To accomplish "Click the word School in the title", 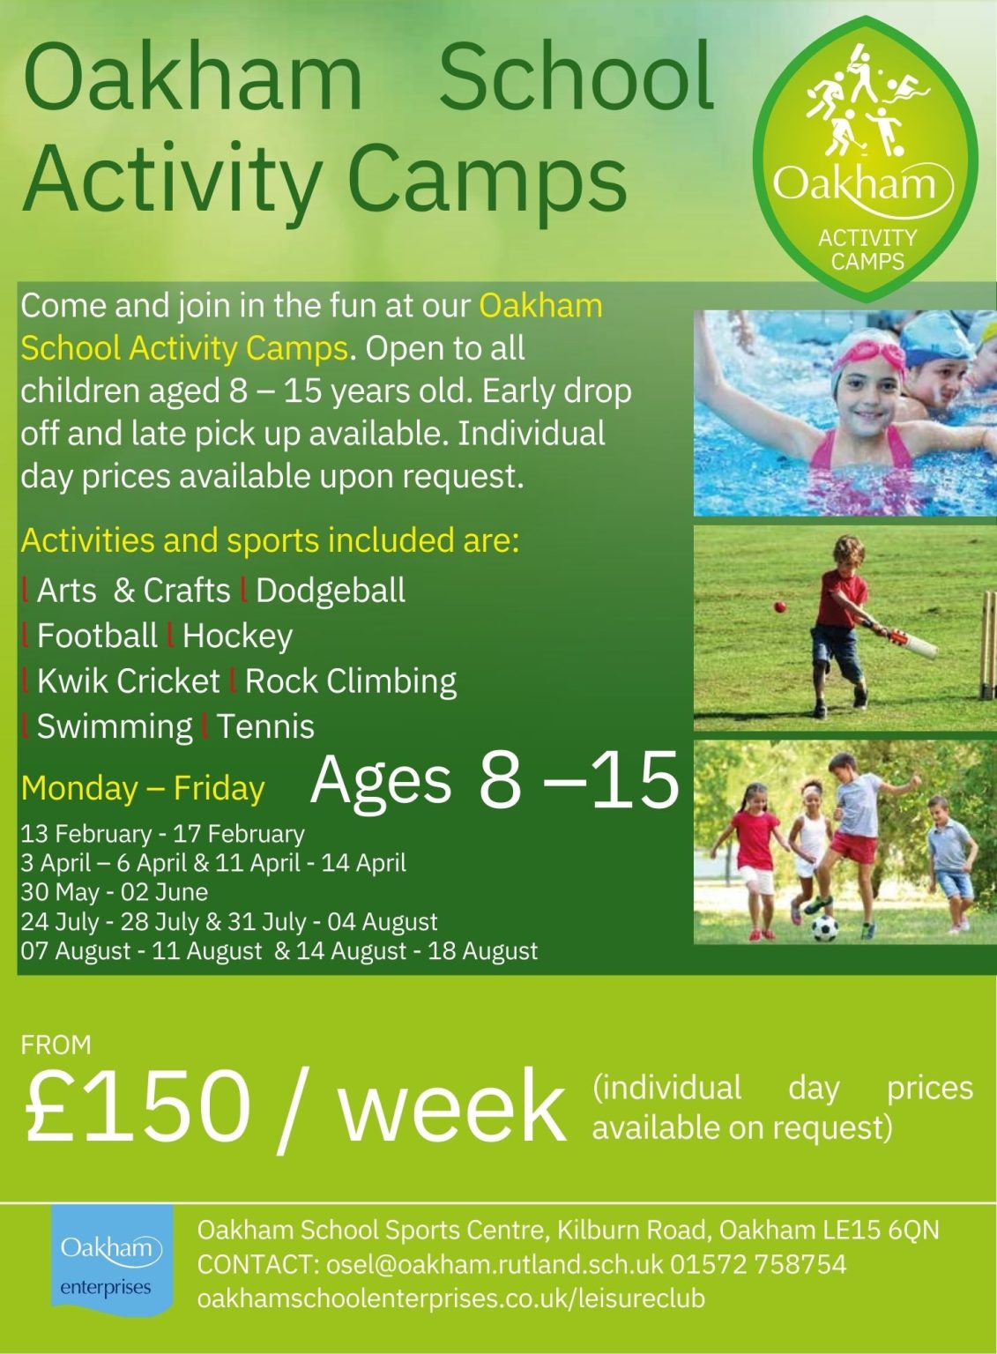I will [576, 77].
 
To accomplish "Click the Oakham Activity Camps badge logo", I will [866, 159].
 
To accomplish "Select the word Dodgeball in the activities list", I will [331, 591].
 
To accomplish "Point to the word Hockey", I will [237, 636].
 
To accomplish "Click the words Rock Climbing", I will [351, 681].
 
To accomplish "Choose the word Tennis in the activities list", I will [265, 726].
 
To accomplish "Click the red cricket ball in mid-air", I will [779, 606].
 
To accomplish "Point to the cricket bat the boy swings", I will [908, 643].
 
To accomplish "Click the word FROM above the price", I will [56, 1045].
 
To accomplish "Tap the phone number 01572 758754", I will [758, 1265].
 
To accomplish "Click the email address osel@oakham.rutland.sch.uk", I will [494, 1265].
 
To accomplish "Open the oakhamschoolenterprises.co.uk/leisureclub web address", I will [450, 1298].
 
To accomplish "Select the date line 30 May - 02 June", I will [115, 892].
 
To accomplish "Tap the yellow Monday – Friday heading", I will [143, 788].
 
